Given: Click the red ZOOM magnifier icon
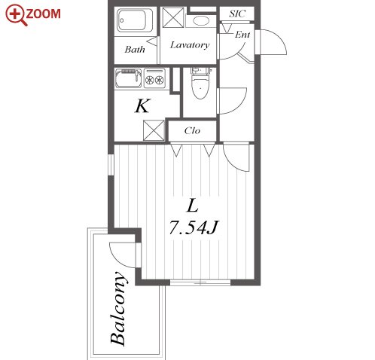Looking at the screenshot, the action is click(x=16, y=14).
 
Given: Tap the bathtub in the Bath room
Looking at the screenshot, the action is click(x=136, y=21).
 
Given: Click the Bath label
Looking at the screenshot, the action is click(x=135, y=50).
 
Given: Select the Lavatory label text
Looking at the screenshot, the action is click(x=190, y=45).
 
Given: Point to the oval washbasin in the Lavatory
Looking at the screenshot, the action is click(x=201, y=21).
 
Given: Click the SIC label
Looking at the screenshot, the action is click(x=237, y=14).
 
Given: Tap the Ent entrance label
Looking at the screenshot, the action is click(x=242, y=35).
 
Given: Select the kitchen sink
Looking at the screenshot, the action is click(x=128, y=78).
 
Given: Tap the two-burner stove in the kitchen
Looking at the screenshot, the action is click(x=154, y=78).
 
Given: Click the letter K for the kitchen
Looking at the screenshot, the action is click(x=143, y=105).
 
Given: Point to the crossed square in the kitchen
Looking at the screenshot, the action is click(x=154, y=130).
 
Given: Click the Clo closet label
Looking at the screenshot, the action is click(x=192, y=131).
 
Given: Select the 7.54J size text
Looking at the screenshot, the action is click(x=194, y=227).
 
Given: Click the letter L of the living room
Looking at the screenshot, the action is click(x=193, y=206).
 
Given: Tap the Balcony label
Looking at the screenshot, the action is click(x=117, y=308).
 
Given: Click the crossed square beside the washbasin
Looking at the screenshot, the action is click(x=173, y=17).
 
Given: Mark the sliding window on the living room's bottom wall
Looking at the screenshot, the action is click(x=200, y=282).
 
